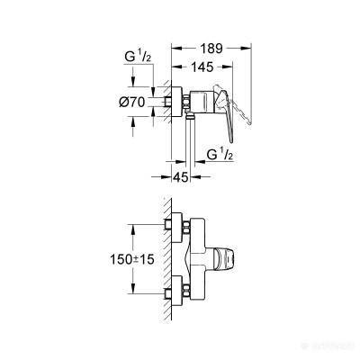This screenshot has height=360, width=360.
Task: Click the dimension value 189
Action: pos(211,48)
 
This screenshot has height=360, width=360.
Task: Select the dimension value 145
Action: pos(202,67)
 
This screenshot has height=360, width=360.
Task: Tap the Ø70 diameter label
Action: pos(131,103)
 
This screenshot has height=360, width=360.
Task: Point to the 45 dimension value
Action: pos(181,177)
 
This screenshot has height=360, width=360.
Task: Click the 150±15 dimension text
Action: pos(132,259)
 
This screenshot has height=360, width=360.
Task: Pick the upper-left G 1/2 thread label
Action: pos(138,57)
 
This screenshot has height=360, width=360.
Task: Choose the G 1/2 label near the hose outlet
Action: pos(220,155)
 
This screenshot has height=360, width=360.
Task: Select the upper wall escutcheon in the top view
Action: pos(177,228)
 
